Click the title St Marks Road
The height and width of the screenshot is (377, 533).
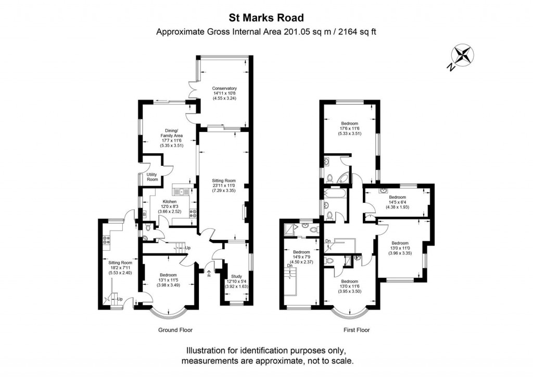266,17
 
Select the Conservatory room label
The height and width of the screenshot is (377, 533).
224,89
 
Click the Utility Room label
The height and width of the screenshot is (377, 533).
152,177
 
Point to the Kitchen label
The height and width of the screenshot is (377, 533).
169,202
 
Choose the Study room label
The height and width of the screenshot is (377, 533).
237,276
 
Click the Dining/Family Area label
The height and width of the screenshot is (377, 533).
172,133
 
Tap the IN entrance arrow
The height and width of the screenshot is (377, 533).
209,273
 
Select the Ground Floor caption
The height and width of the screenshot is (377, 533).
175,330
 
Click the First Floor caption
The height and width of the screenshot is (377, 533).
357,330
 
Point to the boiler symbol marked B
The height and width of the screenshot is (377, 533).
144,214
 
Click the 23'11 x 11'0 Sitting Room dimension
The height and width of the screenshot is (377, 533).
224,186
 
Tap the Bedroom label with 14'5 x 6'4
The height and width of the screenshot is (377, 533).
397,197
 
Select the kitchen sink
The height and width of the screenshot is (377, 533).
182,192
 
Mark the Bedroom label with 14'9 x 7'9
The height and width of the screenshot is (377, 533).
301,252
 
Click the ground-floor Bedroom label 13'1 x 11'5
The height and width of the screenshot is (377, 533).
168,275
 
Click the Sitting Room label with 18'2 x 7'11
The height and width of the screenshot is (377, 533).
120,263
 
